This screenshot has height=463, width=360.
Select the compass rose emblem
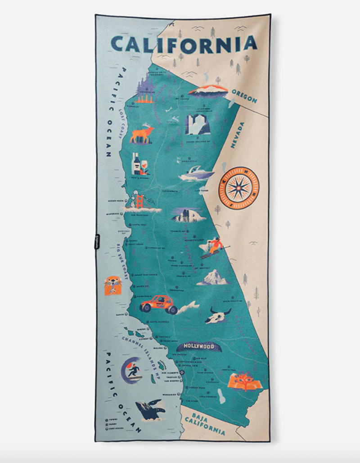point(239,185)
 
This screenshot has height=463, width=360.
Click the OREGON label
point(244,96)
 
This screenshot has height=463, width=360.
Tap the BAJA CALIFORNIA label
point(207,424)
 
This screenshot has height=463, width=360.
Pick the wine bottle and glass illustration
point(139,164)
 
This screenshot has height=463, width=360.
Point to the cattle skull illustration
point(218,316)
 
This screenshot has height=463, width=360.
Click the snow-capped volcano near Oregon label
point(208,91)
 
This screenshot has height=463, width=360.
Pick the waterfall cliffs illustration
point(198,124)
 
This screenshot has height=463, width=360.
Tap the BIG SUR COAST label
point(122,261)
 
